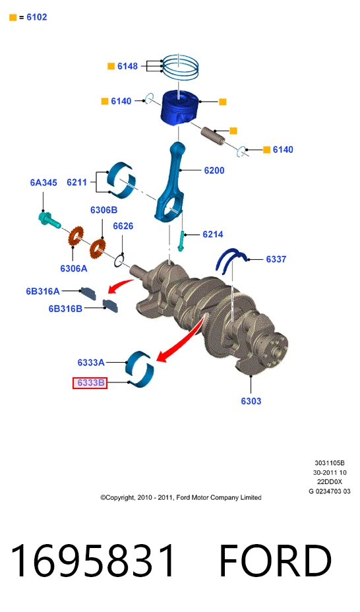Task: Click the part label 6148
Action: (x=127, y=67)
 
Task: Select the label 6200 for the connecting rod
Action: (x=214, y=170)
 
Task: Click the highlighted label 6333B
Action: (x=90, y=383)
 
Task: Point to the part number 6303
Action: (x=251, y=401)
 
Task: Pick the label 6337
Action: (x=276, y=259)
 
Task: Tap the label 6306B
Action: (x=104, y=210)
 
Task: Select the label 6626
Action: (x=123, y=226)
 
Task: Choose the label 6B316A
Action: (x=43, y=291)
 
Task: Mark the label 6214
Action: (x=213, y=234)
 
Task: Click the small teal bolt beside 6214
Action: (x=181, y=241)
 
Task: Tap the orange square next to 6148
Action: (x=111, y=67)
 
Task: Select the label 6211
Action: (x=77, y=182)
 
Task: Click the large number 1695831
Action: (x=93, y=561)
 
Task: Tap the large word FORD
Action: (x=276, y=561)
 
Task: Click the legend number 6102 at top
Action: (x=37, y=17)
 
